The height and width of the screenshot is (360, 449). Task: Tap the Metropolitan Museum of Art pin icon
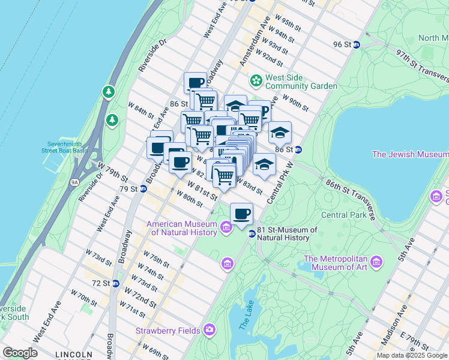click(x=376, y=262)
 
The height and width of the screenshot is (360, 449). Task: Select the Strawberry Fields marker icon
click(x=209, y=329)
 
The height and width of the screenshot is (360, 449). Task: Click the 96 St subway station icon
click(x=356, y=44)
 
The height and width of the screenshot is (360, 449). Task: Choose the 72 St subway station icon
click(x=115, y=283)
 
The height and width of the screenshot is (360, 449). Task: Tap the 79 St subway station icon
click(x=143, y=188)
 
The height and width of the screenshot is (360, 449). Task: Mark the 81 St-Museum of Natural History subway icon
click(x=252, y=233)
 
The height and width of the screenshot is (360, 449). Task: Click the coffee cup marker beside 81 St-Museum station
click(x=241, y=214)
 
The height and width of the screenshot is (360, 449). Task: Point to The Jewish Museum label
click(x=409, y=154)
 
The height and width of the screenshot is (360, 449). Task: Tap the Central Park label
click(x=343, y=214)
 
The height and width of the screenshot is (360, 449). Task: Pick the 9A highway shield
click(x=74, y=181)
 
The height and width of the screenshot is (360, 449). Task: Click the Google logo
click(x=20, y=353)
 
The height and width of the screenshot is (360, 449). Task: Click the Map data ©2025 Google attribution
click(x=412, y=355)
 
